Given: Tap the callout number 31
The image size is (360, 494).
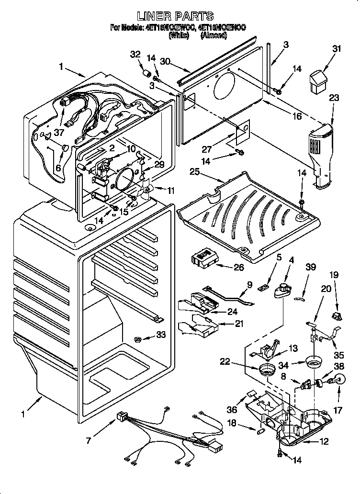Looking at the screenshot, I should pos(337,48).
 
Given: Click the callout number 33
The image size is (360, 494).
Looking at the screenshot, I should pos(161,335).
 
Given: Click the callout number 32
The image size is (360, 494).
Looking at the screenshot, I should pos(135,55).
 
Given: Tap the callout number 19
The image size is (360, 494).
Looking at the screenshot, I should pos(334,275).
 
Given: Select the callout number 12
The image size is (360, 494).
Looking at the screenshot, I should pos(324,441).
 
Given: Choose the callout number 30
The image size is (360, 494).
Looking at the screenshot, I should pos(166,61).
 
